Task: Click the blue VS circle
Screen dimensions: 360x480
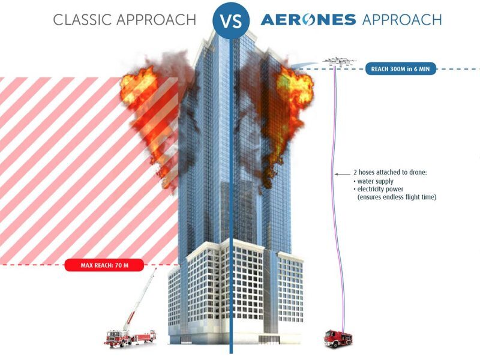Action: (x=231, y=20)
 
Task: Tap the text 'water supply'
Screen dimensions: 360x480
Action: (x=372, y=181)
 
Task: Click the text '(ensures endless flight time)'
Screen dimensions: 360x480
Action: (x=396, y=197)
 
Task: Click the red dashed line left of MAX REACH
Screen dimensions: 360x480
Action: (x=33, y=264)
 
